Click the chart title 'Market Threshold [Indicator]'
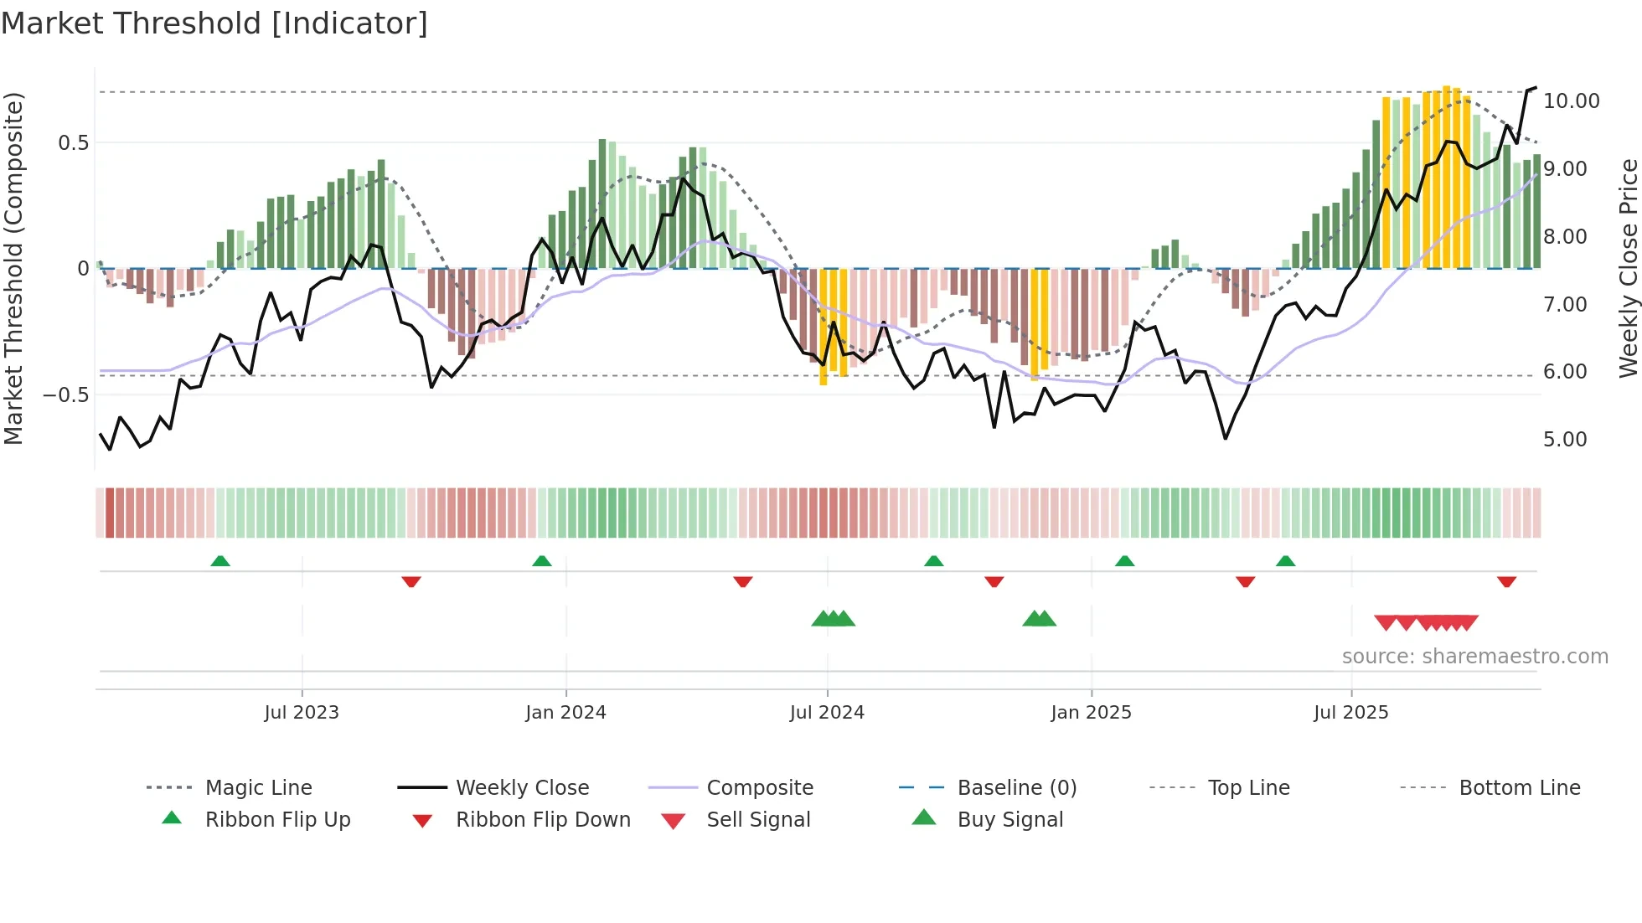(214, 23)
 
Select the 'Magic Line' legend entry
(258, 788)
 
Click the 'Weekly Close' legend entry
(522, 788)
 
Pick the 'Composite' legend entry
(759, 788)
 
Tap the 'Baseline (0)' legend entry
(1016, 788)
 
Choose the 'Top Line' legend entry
(1248, 788)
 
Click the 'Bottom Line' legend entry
(1519, 788)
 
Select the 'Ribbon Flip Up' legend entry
(277, 820)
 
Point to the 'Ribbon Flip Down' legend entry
(543, 820)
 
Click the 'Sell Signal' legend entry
(758, 820)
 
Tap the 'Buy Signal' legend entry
(1009, 820)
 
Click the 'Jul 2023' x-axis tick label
(302, 713)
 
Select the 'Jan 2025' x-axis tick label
(1091, 713)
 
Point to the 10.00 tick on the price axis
(1571, 101)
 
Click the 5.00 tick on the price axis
(1565, 440)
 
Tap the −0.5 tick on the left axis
(65, 394)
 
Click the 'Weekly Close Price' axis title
(1628, 268)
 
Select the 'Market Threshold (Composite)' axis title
(13, 268)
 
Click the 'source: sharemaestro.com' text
(1474, 657)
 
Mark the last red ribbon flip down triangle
(1506, 581)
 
